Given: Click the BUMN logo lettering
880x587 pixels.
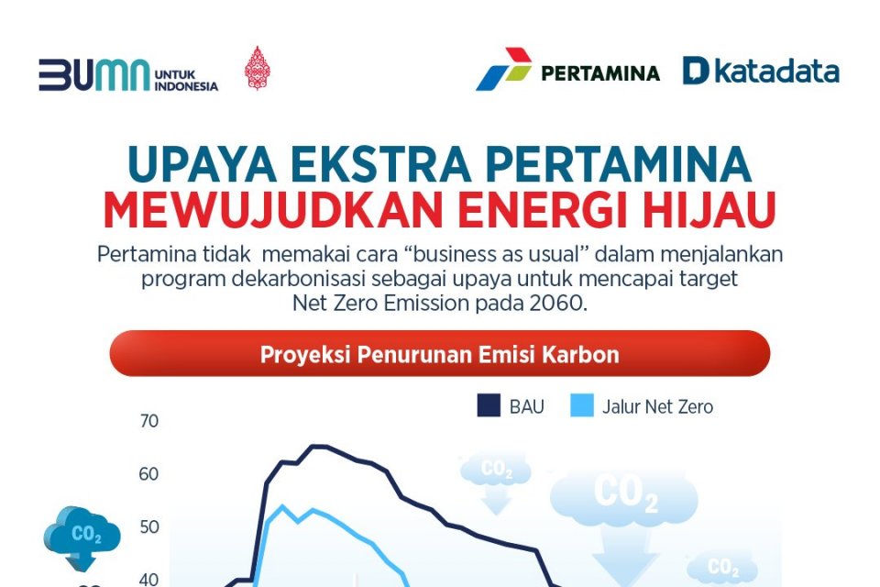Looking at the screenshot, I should click(92, 75).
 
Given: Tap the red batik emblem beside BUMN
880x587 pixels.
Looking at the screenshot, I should click(257, 69).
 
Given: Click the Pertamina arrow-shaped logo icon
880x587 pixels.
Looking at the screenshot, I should click(503, 69).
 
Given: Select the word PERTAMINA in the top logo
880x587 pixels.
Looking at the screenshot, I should click(600, 72).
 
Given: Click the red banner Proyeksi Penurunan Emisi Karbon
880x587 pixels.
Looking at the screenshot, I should click(439, 354).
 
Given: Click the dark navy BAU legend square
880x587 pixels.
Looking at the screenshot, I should click(489, 406).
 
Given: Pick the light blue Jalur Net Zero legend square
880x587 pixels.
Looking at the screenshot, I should click(581, 406).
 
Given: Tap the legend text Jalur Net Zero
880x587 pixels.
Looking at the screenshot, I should click(657, 406).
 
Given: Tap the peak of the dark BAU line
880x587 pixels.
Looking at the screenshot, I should click(316, 447).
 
